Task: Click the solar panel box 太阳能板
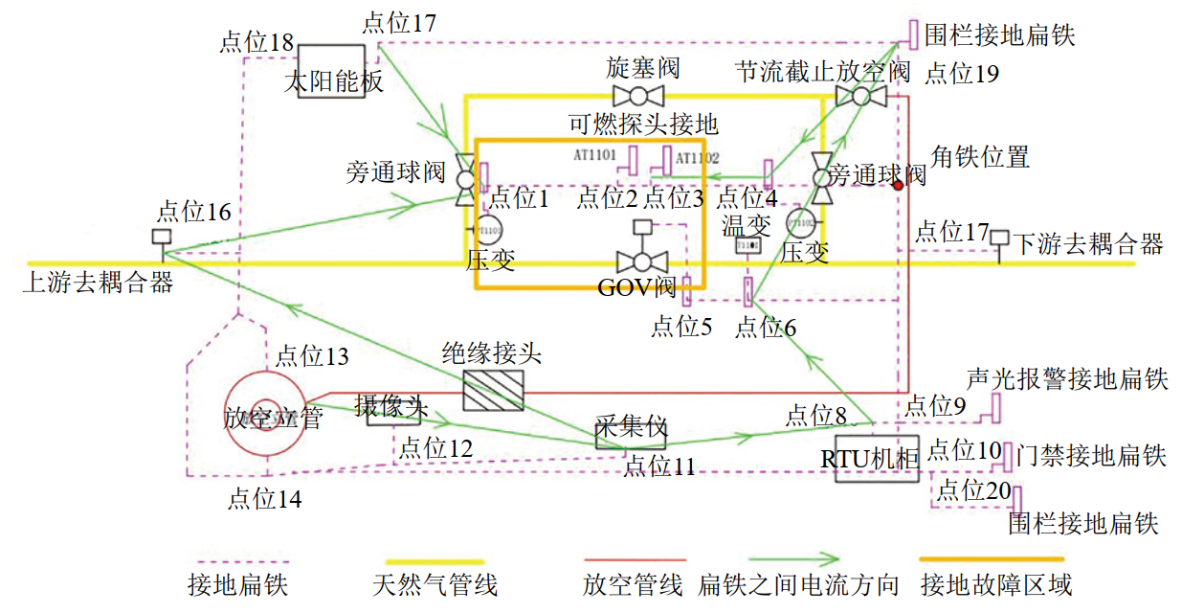pos(330,71)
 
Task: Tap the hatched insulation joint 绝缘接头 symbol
pos(493,391)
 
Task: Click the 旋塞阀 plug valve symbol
pos(638,96)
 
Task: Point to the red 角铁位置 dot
pos(898,186)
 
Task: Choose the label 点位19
pos(961,73)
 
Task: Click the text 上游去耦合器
pos(98,283)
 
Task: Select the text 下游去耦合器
pos(1088,243)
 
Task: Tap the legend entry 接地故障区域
pos(995,583)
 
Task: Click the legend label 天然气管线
pos(435,583)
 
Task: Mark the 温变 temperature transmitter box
pos(747,246)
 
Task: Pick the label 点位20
pos(973,490)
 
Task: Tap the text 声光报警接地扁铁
pos(1067,378)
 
